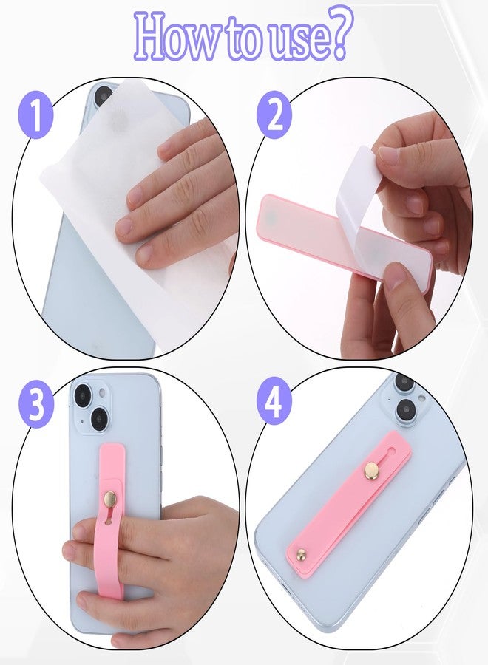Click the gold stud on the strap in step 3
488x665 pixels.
pos(111,499)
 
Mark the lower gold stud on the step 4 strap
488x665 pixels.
pos(301,554)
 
